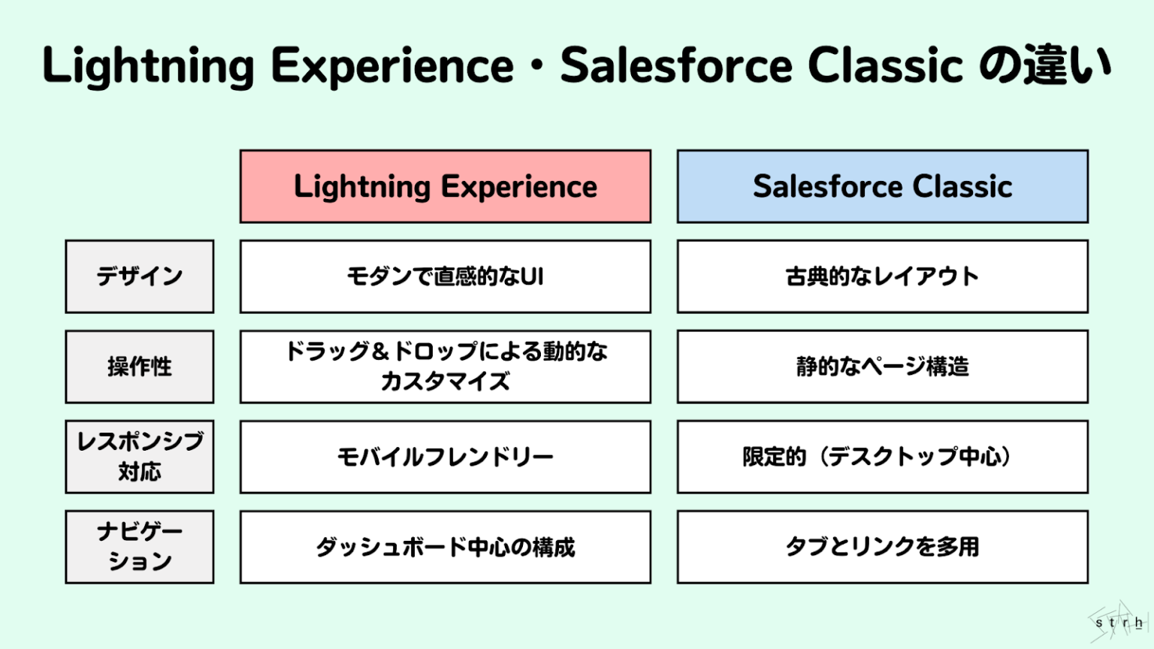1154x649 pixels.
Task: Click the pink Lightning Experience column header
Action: coord(446,186)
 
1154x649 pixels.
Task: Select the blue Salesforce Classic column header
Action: coord(882,186)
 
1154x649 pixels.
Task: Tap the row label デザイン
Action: coord(140,276)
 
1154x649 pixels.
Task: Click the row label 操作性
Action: coord(140,367)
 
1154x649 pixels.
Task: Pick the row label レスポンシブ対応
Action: coord(140,457)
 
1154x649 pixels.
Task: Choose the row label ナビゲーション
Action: coord(140,547)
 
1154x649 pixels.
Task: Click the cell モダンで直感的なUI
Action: coord(446,276)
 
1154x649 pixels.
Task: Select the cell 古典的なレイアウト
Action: coord(882,276)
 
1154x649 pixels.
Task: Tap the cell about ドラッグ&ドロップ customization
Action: coord(446,367)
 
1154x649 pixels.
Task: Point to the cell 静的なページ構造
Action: coord(882,367)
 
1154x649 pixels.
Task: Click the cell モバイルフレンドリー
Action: coord(446,457)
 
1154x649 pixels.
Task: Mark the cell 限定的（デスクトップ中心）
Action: coord(882,457)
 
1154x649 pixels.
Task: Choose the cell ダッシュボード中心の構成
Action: coord(446,547)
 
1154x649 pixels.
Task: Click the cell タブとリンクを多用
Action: coord(882,547)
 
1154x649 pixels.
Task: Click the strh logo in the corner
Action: coord(1119,622)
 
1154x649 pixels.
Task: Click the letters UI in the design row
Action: coord(532,276)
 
